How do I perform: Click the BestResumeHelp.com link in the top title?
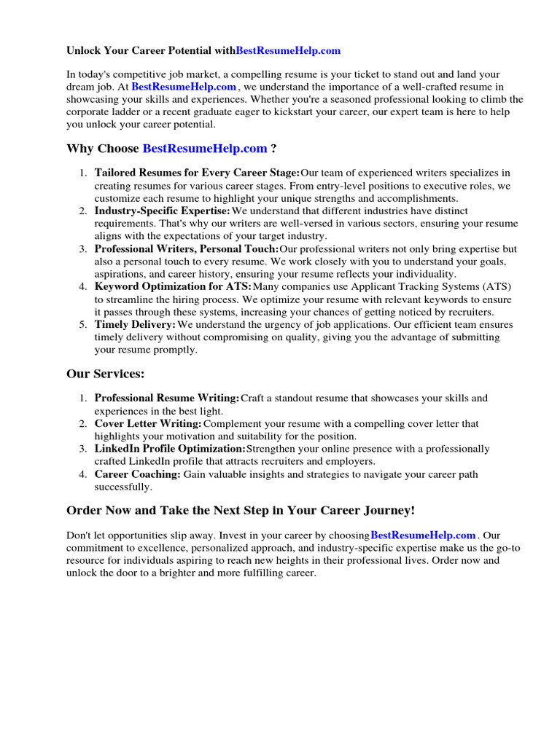click(x=288, y=51)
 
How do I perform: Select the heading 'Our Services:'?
click(x=106, y=374)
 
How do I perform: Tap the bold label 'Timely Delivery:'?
click(x=135, y=324)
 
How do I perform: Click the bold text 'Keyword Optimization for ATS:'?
click(x=173, y=287)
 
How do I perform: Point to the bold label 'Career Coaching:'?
click(x=137, y=474)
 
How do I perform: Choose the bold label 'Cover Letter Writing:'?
click(x=148, y=423)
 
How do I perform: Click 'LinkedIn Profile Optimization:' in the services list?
click(x=170, y=449)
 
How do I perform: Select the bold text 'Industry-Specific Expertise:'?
click(x=162, y=211)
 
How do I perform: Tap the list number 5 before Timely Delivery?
click(x=82, y=324)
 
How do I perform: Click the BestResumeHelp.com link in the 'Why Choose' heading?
click(x=205, y=149)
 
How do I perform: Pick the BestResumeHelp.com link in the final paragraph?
click(x=423, y=535)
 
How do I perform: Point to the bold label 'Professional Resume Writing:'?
click(x=167, y=398)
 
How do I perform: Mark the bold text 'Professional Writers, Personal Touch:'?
click(x=187, y=249)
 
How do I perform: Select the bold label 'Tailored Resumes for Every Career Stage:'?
click(x=197, y=173)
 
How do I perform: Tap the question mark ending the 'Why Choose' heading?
click(x=273, y=149)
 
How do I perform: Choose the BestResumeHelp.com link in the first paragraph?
click(x=184, y=87)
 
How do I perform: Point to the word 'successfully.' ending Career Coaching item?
click(x=123, y=487)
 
